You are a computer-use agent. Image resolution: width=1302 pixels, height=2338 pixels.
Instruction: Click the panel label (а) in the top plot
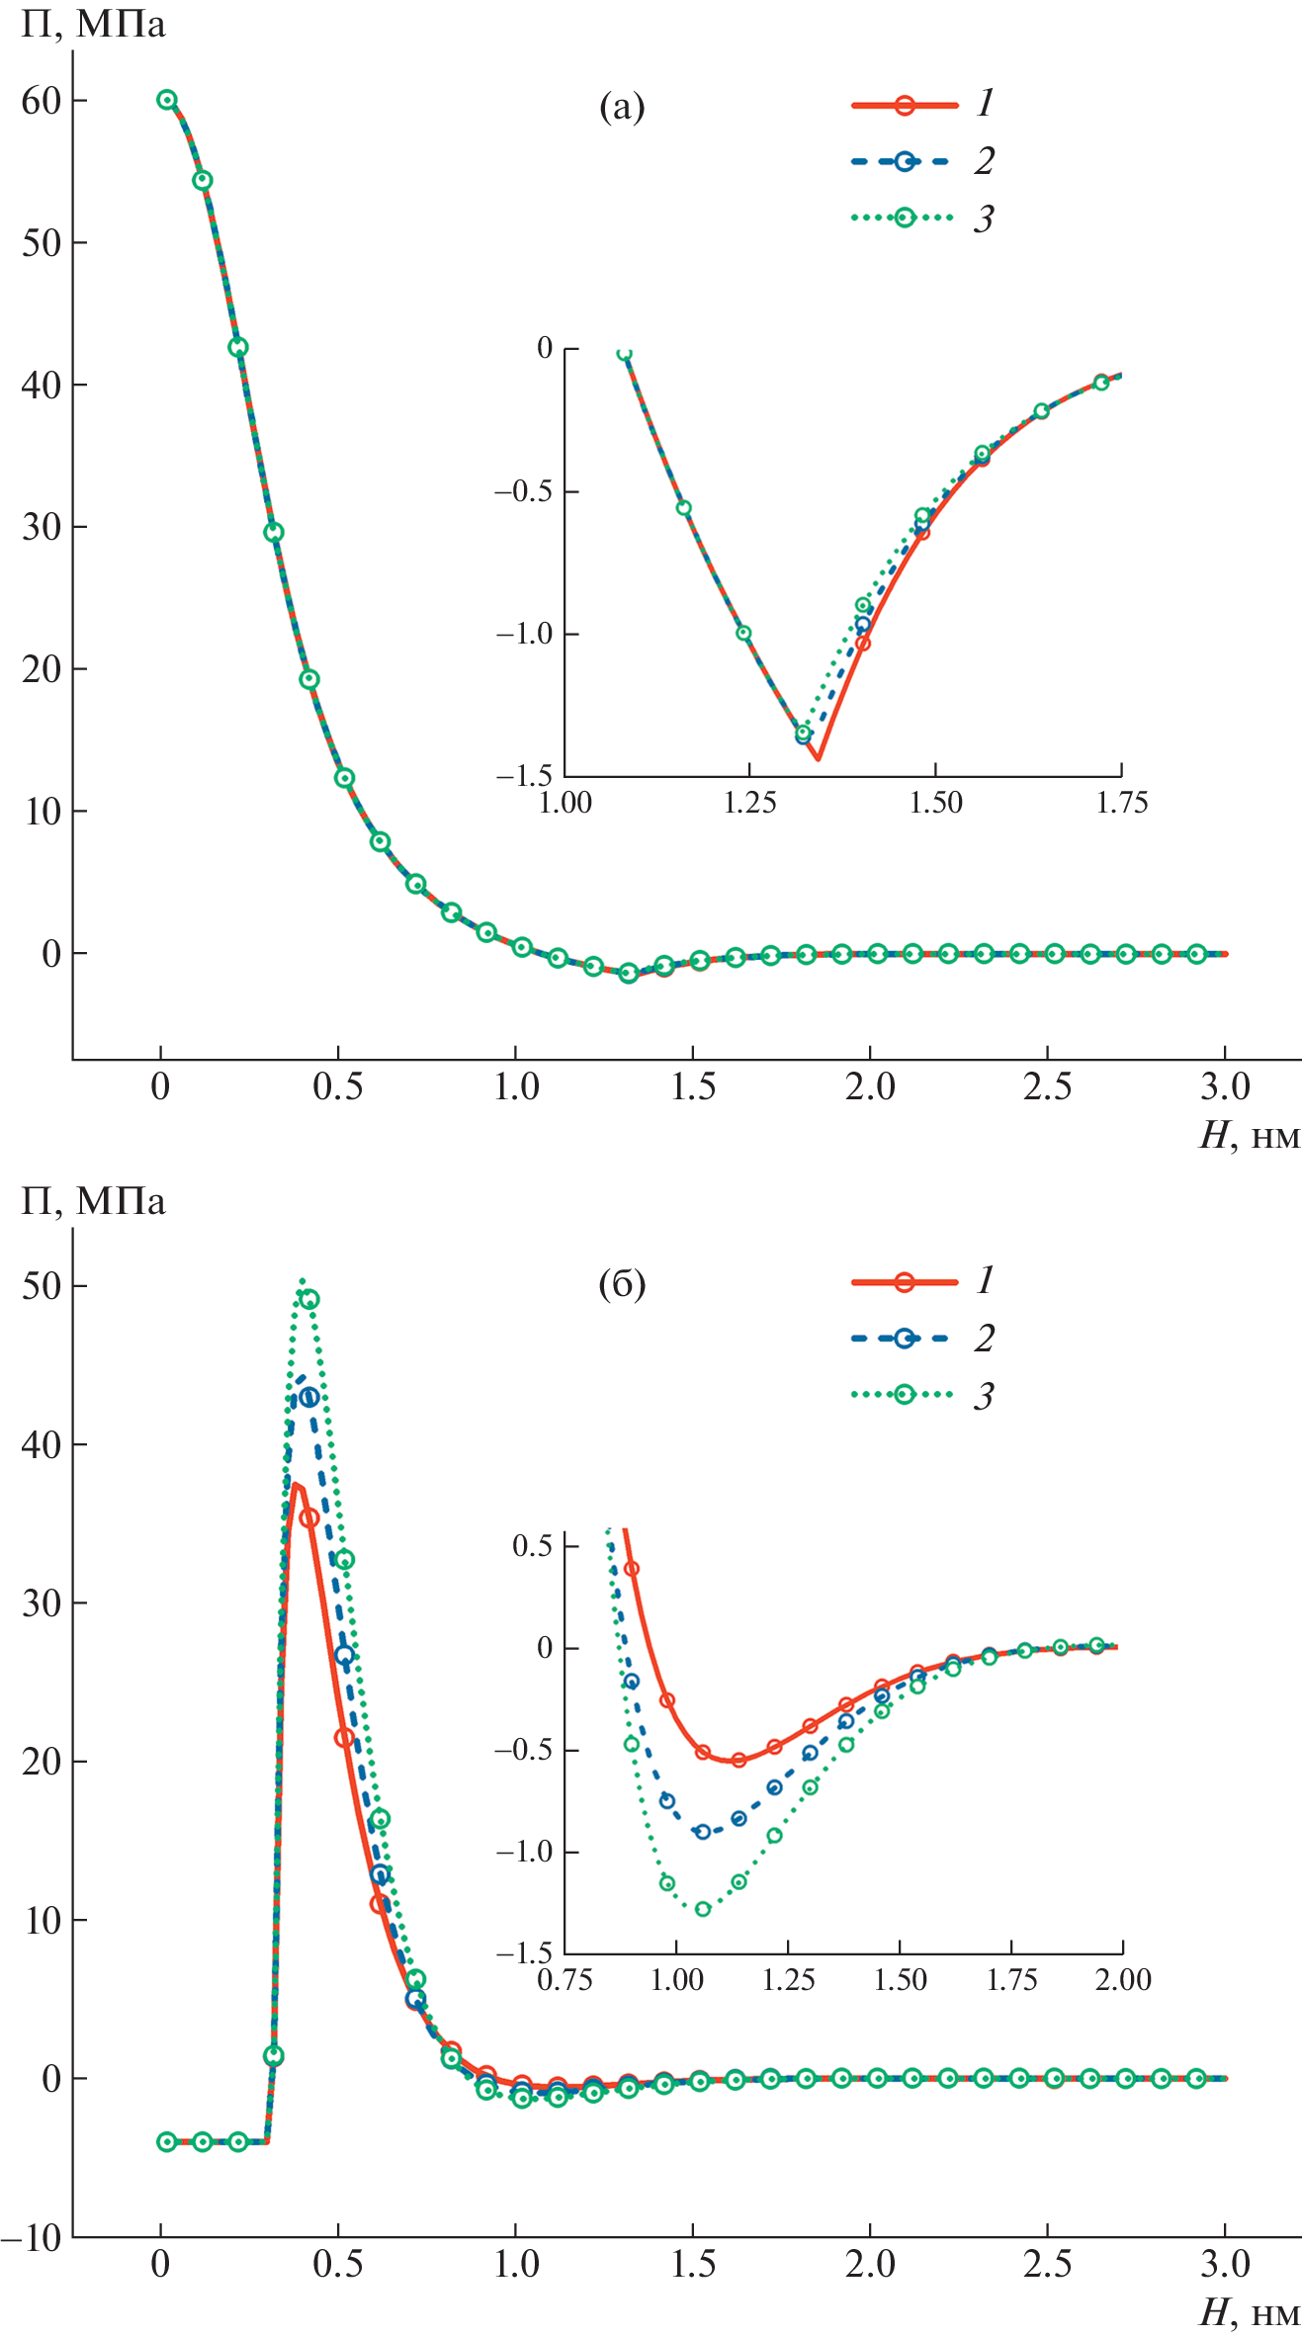pyautogui.click(x=622, y=106)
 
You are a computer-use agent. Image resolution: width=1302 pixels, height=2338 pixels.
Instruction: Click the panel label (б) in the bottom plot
pyautogui.click(x=622, y=1283)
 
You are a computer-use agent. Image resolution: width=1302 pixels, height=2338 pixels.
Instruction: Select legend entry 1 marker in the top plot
pyautogui.click(x=904, y=105)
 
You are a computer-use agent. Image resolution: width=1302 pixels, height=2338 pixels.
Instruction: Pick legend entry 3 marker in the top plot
pyautogui.click(x=904, y=217)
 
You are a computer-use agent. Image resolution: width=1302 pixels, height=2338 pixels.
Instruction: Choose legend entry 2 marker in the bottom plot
pyautogui.click(x=904, y=1339)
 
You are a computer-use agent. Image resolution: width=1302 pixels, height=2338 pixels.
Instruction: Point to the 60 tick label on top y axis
pyautogui.click(x=41, y=101)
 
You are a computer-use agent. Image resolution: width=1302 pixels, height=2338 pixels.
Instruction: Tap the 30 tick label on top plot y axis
pyautogui.click(x=41, y=527)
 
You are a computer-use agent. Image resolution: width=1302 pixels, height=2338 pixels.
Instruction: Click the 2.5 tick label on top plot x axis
pyautogui.click(x=1047, y=1087)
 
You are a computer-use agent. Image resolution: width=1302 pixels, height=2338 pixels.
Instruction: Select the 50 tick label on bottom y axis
pyautogui.click(x=41, y=1286)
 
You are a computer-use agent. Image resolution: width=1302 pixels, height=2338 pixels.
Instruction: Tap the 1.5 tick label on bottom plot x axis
pyautogui.click(x=693, y=2264)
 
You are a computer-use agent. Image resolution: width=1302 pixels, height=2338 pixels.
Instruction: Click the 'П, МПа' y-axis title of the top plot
pyautogui.click(x=93, y=24)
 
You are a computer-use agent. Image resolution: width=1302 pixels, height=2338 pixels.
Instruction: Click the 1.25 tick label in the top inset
pyautogui.click(x=749, y=802)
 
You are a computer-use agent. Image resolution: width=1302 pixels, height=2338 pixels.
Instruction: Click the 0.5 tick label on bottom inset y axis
pyautogui.click(x=532, y=1545)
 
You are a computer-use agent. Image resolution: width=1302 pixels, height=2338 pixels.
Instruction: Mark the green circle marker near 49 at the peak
pyautogui.click(x=309, y=1299)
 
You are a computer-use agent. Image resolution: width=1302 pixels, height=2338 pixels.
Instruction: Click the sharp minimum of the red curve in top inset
pyautogui.click(x=818, y=759)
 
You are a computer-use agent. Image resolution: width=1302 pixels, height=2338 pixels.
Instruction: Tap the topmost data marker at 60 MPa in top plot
pyautogui.click(x=167, y=100)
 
